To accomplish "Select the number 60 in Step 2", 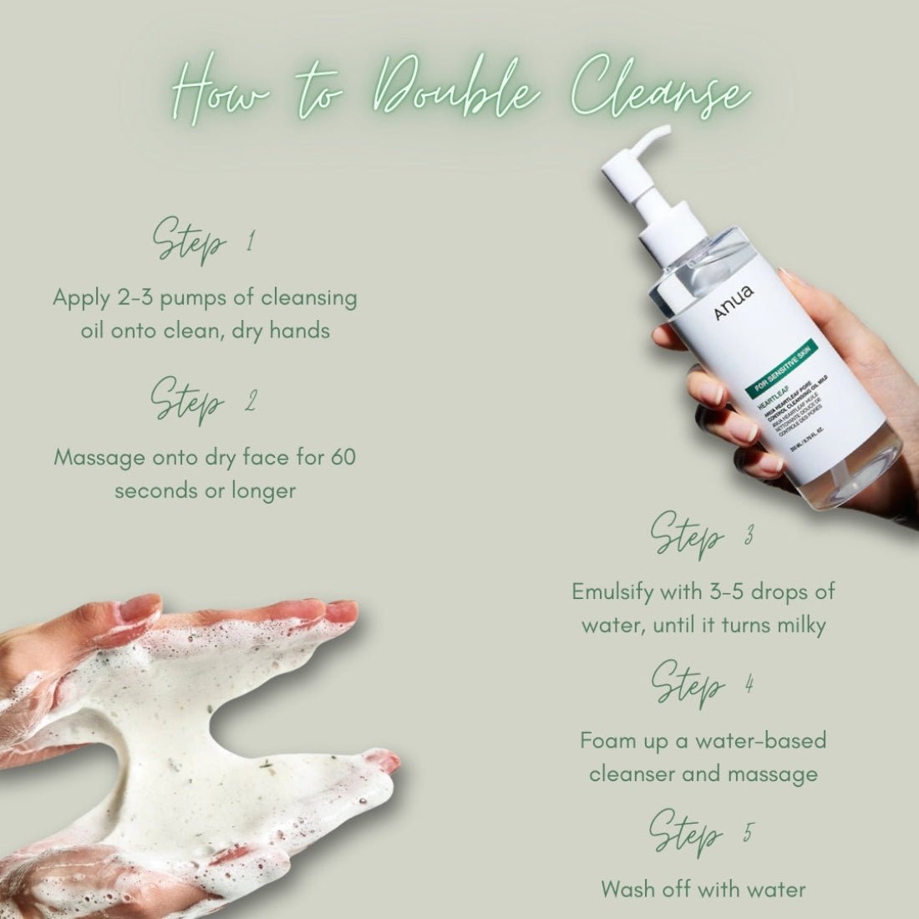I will pos(343,458).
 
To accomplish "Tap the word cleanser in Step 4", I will pos(632,774).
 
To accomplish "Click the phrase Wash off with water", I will pos(703,888).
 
